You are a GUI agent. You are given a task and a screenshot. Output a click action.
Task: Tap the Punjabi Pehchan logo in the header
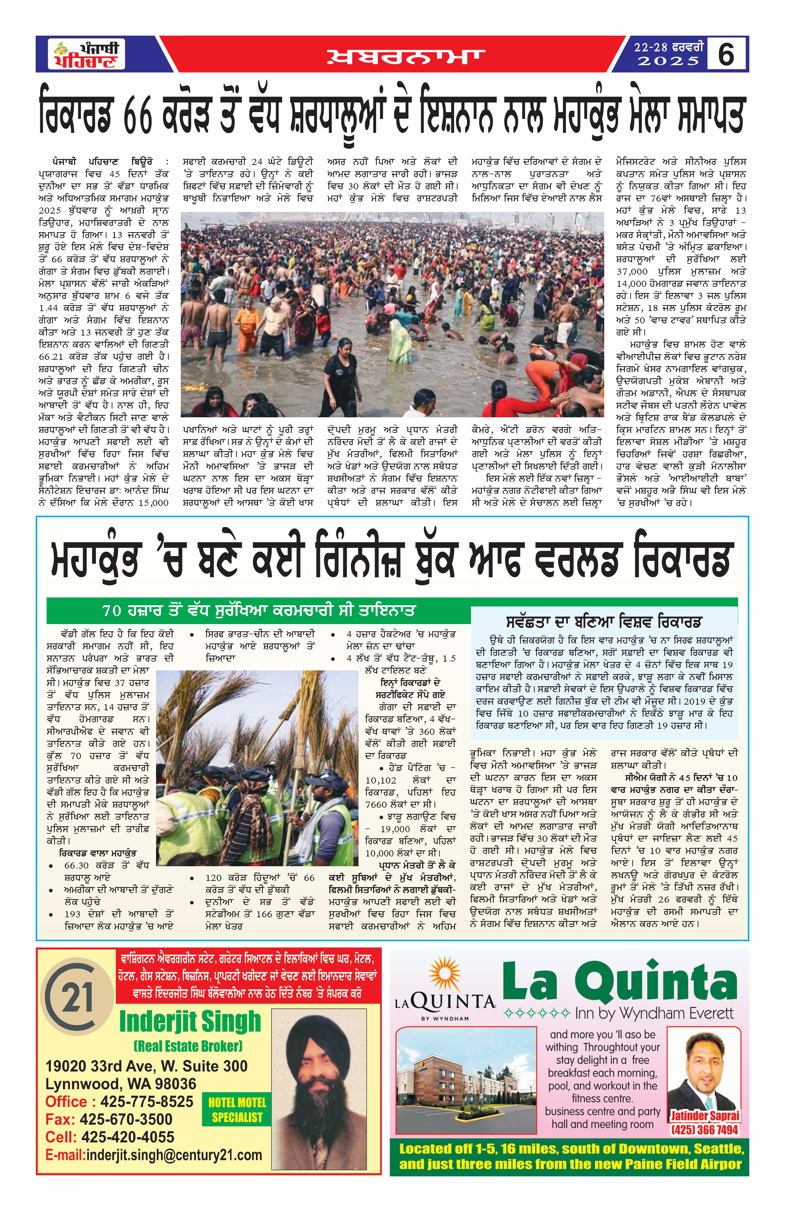coord(87,54)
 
